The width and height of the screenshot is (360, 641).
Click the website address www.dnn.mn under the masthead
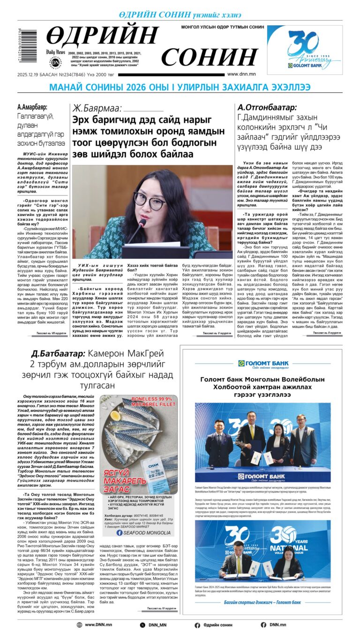tap(241, 74)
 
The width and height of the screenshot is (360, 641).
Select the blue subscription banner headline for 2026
tap(180, 88)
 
